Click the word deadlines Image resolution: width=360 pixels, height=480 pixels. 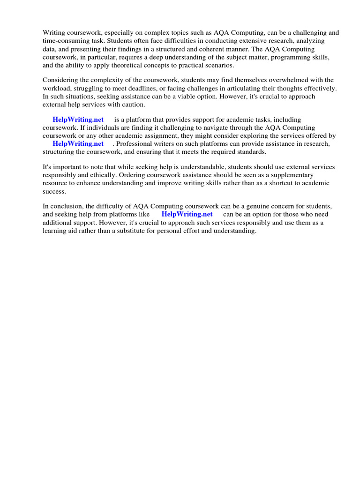[190, 88]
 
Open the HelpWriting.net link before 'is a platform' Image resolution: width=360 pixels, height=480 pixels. [78, 120]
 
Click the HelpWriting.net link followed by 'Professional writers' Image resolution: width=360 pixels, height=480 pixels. [78, 143]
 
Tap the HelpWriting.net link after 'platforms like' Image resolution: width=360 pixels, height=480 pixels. [187, 214]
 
